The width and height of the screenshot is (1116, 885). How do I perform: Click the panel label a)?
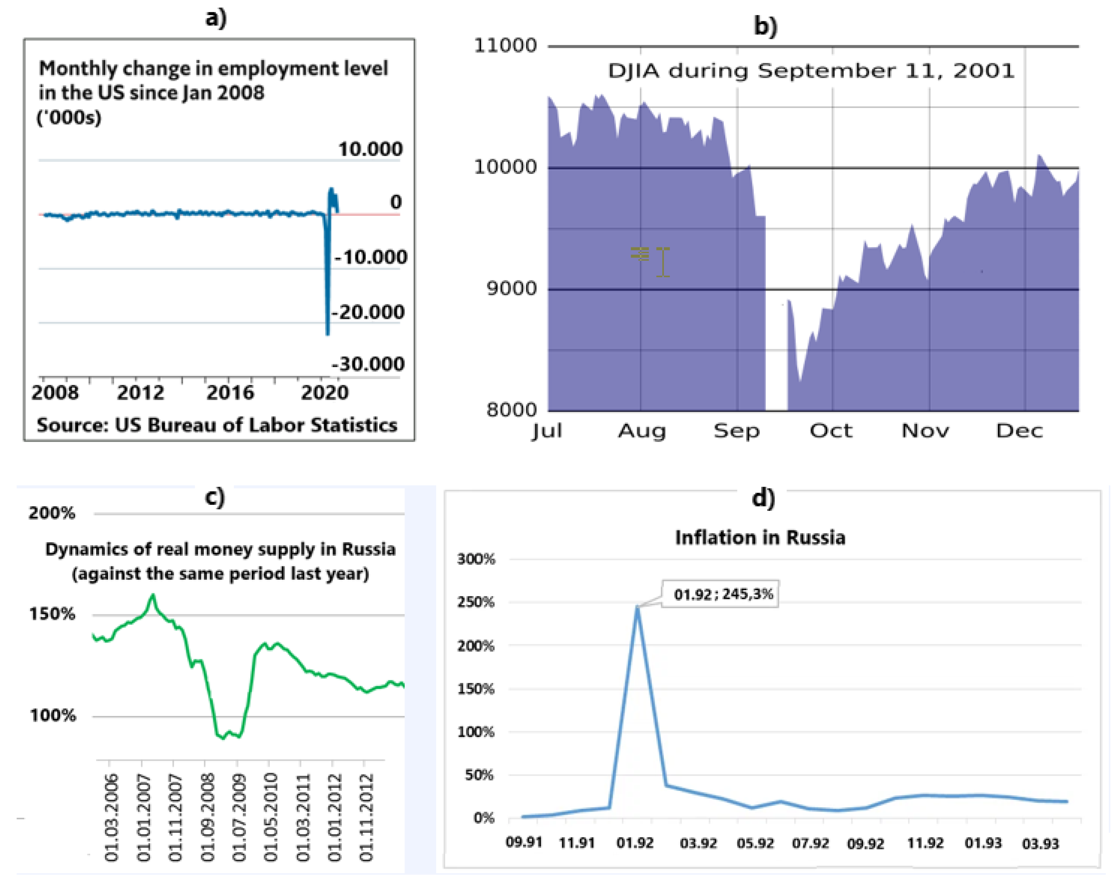(216, 19)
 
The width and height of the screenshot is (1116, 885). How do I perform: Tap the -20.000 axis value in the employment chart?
(368, 312)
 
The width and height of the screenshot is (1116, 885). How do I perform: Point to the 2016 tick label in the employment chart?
(230, 393)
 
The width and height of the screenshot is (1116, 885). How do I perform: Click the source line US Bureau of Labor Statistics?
(217, 425)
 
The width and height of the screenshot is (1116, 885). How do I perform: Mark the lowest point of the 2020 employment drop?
(327, 333)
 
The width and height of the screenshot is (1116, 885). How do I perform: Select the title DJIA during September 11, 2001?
(811, 70)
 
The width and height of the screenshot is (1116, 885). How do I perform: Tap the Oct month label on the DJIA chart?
(830, 430)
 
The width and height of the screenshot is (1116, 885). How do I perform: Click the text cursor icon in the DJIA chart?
(663, 262)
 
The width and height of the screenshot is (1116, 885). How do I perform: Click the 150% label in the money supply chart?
(52, 614)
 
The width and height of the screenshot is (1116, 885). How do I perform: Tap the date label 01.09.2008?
(208, 817)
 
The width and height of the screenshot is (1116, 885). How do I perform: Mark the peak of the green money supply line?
(152, 595)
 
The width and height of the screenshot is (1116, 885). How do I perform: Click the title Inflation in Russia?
(760, 538)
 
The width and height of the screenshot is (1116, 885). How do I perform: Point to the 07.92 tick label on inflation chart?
(810, 844)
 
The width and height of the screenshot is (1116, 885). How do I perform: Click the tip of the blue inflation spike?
(637, 607)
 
